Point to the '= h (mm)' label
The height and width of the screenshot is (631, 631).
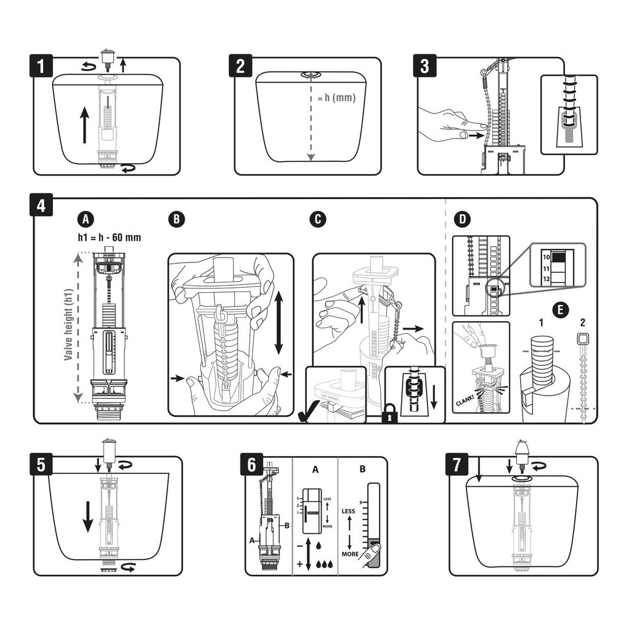(x=336, y=97)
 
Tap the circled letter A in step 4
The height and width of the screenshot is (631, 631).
(x=84, y=219)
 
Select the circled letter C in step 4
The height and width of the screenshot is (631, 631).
(x=317, y=219)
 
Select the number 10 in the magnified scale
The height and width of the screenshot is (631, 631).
(x=545, y=257)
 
